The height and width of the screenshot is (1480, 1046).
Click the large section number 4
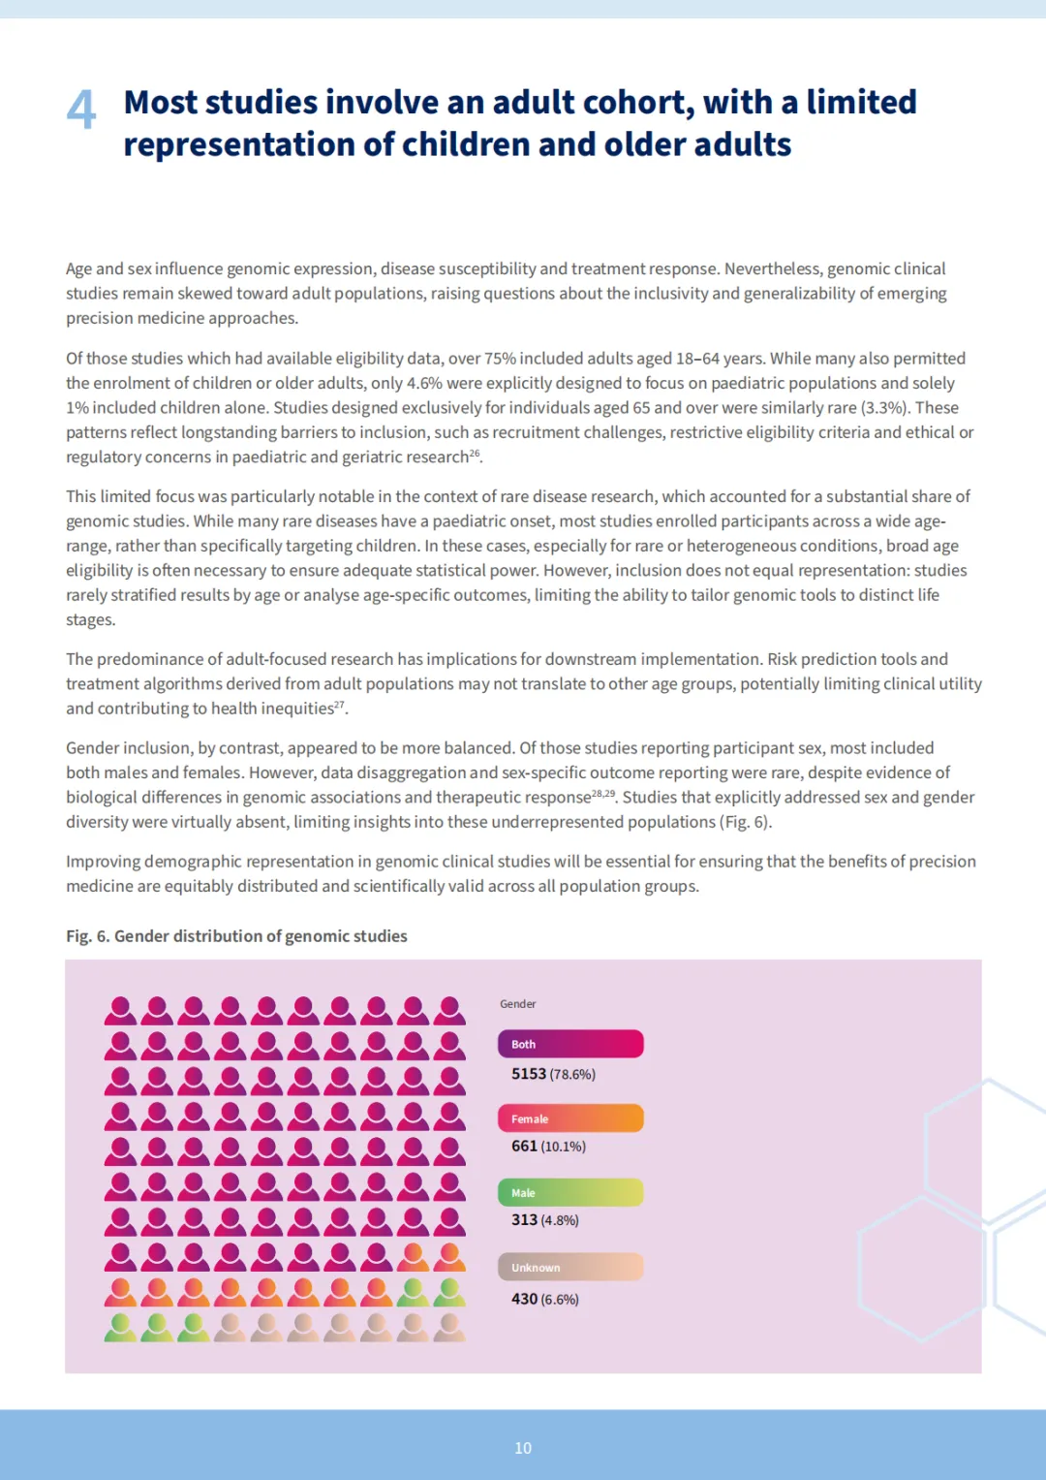(x=81, y=110)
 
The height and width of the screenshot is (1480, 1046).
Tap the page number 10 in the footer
(x=523, y=1447)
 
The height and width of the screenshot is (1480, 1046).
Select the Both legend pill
(x=570, y=1044)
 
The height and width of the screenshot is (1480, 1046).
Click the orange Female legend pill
(x=570, y=1118)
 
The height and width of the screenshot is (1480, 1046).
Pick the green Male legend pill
(x=570, y=1192)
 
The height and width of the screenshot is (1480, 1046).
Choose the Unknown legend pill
(x=570, y=1267)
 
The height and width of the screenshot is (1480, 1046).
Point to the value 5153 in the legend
(x=529, y=1074)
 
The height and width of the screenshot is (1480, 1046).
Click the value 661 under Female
(x=524, y=1146)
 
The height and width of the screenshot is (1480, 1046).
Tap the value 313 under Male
(x=524, y=1219)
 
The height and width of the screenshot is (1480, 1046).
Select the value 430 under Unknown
(x=524, y=1299)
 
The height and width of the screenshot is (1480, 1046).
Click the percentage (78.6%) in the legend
(x=572, y=1075)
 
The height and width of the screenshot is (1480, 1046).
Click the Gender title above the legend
(x=517, y=1004)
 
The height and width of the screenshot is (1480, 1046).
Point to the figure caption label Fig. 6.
(x=87, y=936)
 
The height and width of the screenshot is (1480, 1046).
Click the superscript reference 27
(x=339, y=705)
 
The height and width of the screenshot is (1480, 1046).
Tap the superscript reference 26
(x=475, y=453)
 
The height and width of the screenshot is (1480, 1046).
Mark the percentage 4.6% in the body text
(x=424, y=383)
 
